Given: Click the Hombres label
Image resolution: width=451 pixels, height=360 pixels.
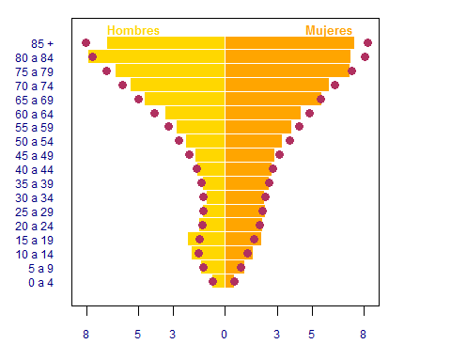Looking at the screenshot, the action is coord(133,30).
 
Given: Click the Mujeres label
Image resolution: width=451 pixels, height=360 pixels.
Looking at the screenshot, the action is coord(329,31).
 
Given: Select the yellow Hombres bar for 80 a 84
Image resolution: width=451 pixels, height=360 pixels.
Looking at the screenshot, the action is coord(157,56).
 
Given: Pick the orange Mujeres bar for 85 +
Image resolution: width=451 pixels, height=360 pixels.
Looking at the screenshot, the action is coord(289,42).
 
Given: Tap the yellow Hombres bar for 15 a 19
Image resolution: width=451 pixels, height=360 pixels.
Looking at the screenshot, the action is coord(207,239).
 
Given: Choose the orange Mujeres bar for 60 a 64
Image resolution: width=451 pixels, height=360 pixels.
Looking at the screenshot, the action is coord(263,113).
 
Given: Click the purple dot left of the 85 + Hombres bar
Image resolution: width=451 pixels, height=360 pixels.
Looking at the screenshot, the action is coord(86,42).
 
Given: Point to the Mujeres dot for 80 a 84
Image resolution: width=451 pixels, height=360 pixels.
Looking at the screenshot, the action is coord(365,56).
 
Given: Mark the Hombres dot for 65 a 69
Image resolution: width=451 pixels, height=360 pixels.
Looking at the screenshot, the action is coord(138,100).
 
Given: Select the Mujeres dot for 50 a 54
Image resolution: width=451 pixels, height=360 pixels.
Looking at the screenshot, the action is coord(289,140).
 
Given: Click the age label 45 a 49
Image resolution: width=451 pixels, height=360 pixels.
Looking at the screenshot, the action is coord(35,156).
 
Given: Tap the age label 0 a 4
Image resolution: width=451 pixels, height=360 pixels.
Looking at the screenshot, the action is coord(41,283).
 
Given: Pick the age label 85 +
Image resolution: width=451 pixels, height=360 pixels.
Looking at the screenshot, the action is coord(42,43).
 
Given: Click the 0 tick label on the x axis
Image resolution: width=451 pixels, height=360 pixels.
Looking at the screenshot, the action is coord(224,335).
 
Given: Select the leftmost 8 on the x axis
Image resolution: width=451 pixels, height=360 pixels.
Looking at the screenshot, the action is coord(86,335).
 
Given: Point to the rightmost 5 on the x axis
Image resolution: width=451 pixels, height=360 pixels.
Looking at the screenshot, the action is coord(311,335).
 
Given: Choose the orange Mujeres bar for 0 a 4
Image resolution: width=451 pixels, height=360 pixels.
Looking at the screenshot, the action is coord(229,281).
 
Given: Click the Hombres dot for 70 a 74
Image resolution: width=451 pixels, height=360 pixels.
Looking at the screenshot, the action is coord(122,85).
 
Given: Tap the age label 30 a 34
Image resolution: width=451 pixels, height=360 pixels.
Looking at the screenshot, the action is coord(35,198).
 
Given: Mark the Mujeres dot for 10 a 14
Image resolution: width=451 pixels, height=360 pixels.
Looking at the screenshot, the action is coord(248,253).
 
